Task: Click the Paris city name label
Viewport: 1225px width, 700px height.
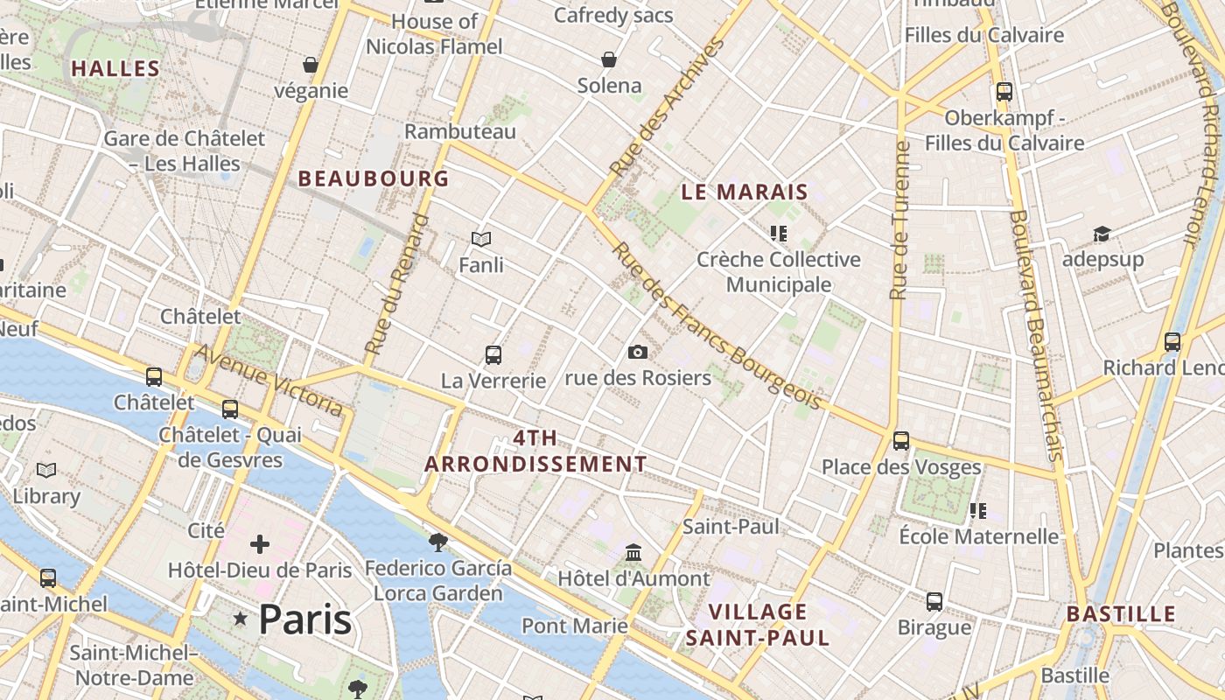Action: pos(305,619)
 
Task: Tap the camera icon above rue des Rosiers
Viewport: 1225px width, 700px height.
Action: pos(638,352)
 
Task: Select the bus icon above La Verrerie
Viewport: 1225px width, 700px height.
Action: pos(493,354)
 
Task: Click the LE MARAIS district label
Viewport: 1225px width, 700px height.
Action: pos(745,192)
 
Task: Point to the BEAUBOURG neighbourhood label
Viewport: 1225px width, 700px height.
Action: pos(374,178)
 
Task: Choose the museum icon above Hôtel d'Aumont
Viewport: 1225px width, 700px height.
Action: pos(633,553)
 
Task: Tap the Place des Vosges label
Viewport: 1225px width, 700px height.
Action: pos(901,466)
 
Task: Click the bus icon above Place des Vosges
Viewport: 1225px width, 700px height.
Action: pos(901,440)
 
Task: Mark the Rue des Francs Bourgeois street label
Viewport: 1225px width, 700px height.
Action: pos(717,325)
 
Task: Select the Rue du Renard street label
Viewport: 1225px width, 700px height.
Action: pos(398,283)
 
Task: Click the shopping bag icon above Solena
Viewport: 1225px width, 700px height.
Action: pos(609,59)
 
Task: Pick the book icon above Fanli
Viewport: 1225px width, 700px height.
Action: pos(481,238)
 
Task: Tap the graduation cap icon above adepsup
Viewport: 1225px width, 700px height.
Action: pos(1102,234)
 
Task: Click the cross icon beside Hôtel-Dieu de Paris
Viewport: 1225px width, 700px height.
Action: pos(260,544)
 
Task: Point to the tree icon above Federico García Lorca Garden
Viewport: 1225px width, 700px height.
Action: pos(437,542)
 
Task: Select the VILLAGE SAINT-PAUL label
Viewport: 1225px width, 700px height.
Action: pos(758,624)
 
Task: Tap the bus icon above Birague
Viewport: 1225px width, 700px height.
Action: pos(934,601)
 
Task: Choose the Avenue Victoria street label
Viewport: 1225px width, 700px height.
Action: pos(269,380)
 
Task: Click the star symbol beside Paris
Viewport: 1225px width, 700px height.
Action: pos(241,619)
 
